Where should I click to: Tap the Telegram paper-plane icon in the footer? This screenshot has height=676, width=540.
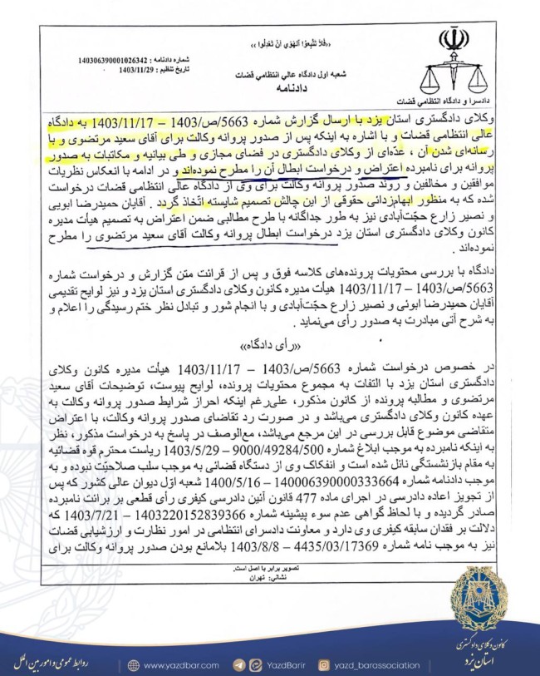coord(239,665)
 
